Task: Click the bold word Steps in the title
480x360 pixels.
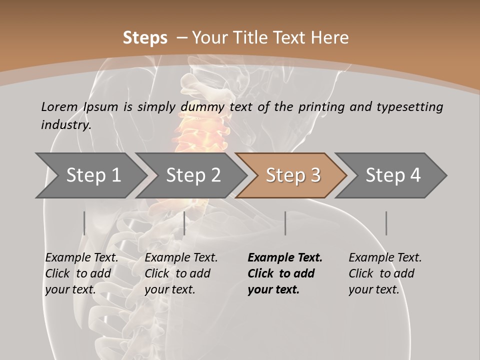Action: (x=145, y=38)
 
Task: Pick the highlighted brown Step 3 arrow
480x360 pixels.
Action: (x=293, y=175)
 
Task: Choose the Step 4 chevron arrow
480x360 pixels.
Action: (x=393, y=175)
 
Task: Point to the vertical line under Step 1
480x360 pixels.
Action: (x=84, y=223)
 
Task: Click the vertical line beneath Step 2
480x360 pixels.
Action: (x=184, y=223)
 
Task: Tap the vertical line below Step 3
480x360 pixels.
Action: (x=285, y=223)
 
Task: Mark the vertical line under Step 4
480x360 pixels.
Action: (x=386, y=223)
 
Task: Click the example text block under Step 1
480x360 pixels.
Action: (x=81, y=273)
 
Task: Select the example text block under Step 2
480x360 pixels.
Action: (x=181, y=273)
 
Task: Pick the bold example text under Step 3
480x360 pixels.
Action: (x=285, y=273)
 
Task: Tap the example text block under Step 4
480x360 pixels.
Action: (x=385, y=273)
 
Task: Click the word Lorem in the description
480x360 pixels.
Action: (x=59, y=107)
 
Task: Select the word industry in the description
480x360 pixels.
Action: (x=65, y=125)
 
